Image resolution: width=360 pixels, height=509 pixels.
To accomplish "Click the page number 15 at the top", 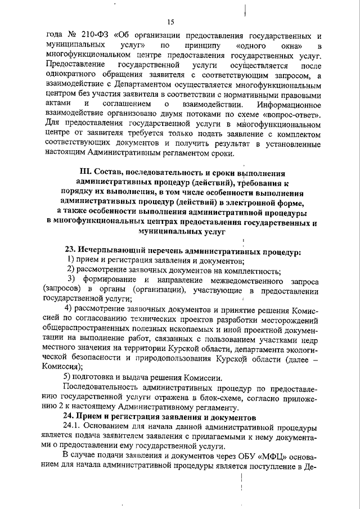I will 172,22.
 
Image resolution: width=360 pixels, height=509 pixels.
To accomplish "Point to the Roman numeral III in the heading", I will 82,173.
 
